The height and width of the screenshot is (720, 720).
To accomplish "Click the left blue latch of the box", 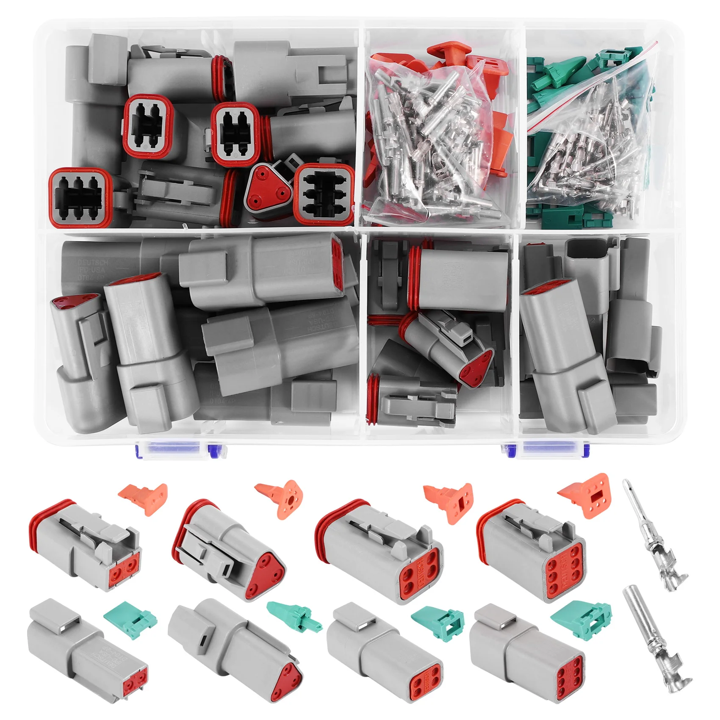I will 178,449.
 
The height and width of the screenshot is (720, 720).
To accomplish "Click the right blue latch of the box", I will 551,449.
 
